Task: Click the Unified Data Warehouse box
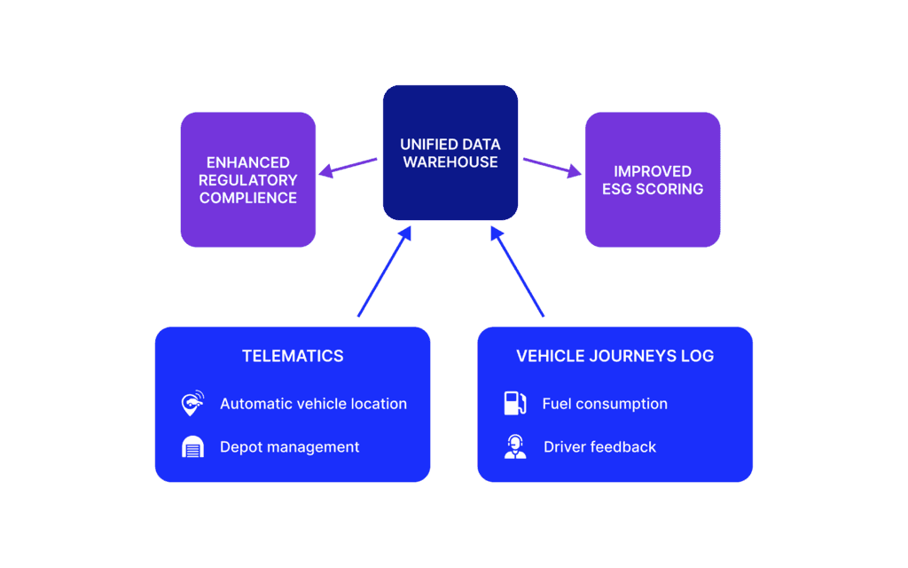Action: click(450, 153)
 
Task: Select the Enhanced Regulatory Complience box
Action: click(248, 179)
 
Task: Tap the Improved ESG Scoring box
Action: click(653, 179)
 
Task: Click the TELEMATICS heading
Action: click(293, 356)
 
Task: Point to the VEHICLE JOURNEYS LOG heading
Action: click(615, 356)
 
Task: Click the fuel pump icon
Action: click(515, 404)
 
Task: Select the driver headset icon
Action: click(515, 447)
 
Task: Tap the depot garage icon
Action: click(192, 447)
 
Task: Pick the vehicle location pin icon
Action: click(192, 404)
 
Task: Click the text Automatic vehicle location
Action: click(313, 404)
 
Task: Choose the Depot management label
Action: click(290, 447)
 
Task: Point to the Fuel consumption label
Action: click(605, 404)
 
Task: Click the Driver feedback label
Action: click(599, 447)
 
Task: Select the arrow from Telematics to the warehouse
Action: click(385, 272)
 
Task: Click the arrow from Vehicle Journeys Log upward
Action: click(517, 272)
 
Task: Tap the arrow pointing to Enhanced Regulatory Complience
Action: click(348, 167)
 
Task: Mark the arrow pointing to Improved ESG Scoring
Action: click(552, 167)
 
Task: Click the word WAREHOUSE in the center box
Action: click(450, 162)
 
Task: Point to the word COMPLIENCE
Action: click(248, 198)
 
